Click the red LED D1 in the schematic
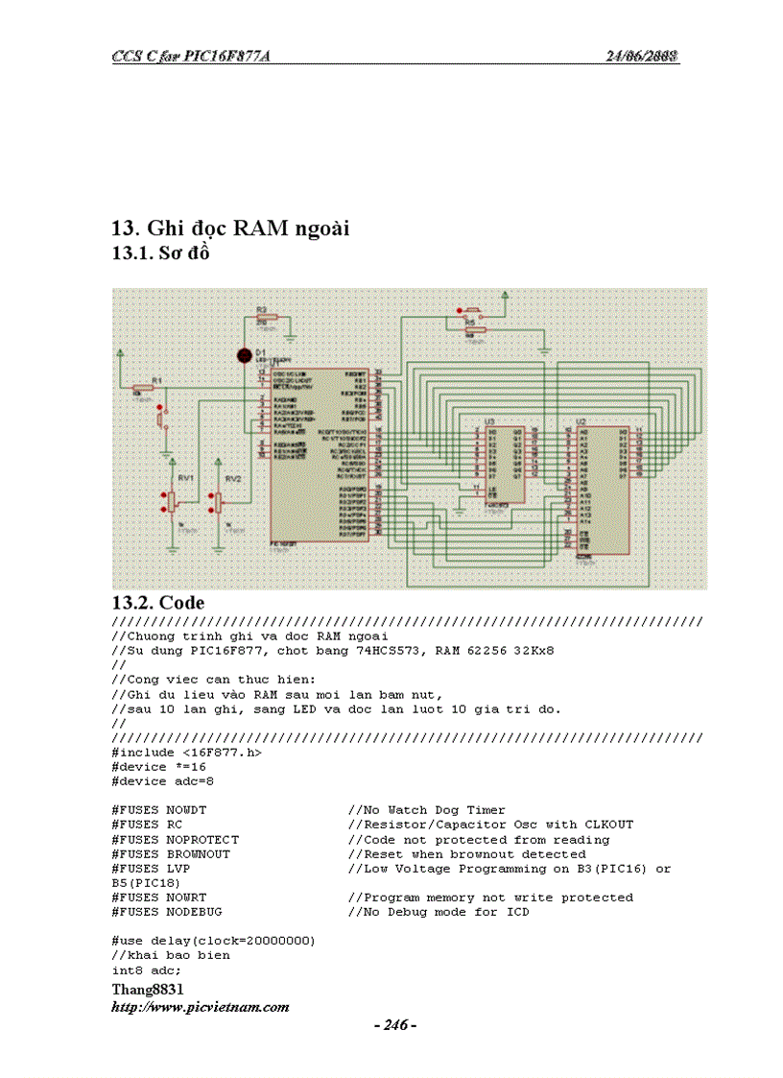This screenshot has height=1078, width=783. point(245,355)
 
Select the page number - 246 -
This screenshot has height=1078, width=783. point(394,1025)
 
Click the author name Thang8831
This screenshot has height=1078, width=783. point(148,989)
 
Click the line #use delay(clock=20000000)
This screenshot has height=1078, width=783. point(213,941)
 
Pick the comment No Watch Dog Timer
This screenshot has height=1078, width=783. point(433,810)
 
